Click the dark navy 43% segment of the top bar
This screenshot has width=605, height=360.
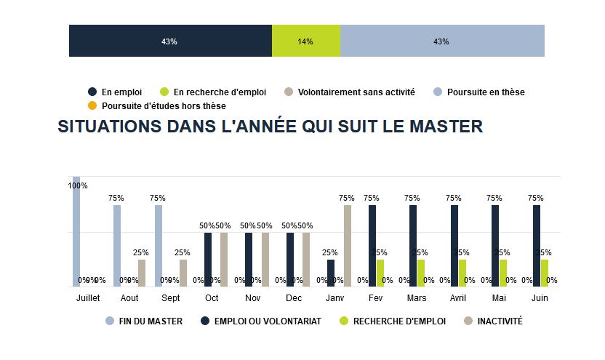(x=170, y=41)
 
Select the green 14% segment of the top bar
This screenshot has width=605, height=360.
(x=305, y=41)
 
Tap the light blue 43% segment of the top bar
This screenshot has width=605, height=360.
(x=441, y=41)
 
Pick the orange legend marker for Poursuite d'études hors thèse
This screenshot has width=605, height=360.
(x=92, y=106)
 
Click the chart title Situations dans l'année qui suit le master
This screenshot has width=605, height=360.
(x=270, y=127)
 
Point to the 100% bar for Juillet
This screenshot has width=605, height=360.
(x=76, y=233)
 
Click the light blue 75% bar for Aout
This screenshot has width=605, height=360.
(x=117, y=246)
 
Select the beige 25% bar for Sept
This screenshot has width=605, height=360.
(x=183, y=273)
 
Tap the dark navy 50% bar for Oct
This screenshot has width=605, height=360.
(x=208, y=260)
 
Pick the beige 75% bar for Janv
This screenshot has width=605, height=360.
(x=347, y=246)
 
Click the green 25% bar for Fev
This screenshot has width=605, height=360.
(x=380, y=273)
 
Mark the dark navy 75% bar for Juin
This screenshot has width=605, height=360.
(x=537, y=246)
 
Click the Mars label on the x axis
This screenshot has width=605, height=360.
(x=417, y=299)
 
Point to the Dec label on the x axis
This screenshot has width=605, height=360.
(x=294, y=299)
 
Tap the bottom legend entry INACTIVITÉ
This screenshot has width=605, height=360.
(x=499, y=321)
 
